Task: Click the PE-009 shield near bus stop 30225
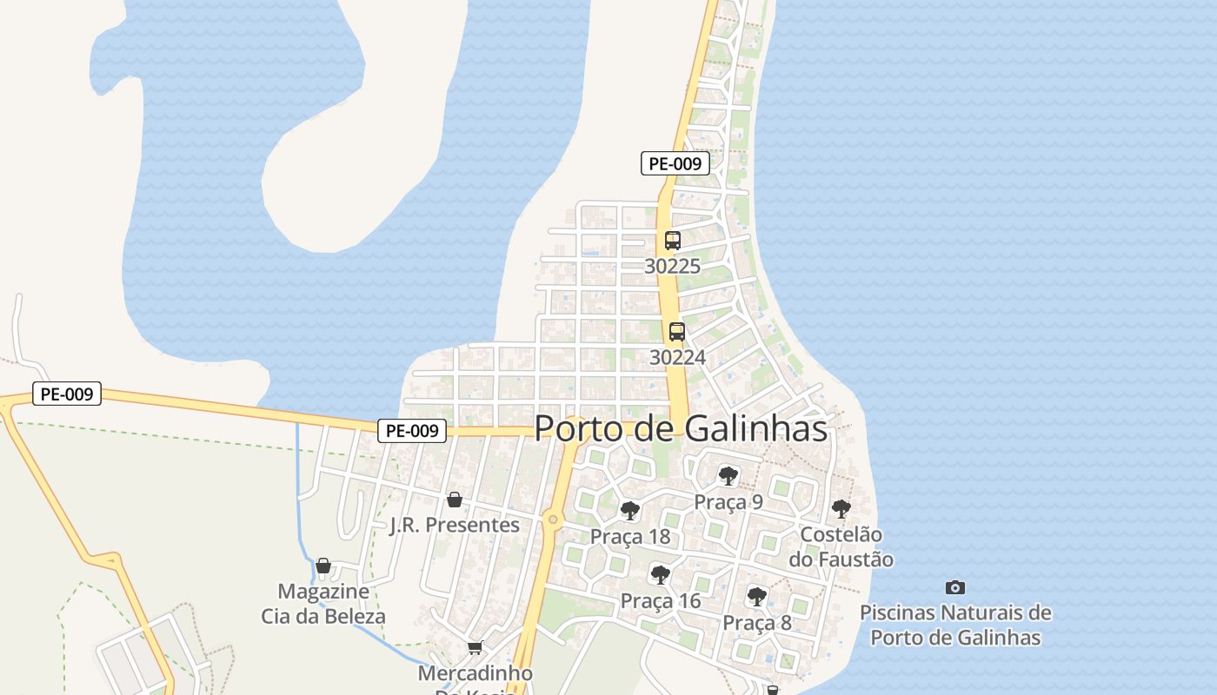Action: coord(675,162)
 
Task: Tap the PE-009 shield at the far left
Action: coord(67,394)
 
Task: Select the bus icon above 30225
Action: coord(672,241)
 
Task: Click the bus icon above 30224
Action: coord(676,331)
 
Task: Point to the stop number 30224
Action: coord(677,357)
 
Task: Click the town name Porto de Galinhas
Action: coord(680,428)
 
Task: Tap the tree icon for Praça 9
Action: coord(728,475)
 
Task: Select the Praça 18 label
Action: coord(630,536)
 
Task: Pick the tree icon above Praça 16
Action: coord(661,574)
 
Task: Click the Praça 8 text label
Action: coord(757,623)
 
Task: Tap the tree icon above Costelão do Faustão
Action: coord(841,508)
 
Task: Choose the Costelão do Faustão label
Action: coord(841,546)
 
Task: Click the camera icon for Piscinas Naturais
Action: coord(954,588)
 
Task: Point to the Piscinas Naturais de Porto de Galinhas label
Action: coord(955,625)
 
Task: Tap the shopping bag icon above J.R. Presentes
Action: coord(454,500)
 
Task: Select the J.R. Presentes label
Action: coord(454,525)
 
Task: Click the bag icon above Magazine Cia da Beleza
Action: coord(323,566)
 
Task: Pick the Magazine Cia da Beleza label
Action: coord(323,604)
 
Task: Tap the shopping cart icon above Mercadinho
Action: coord(475,648)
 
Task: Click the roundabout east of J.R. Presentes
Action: coord(552,520)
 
